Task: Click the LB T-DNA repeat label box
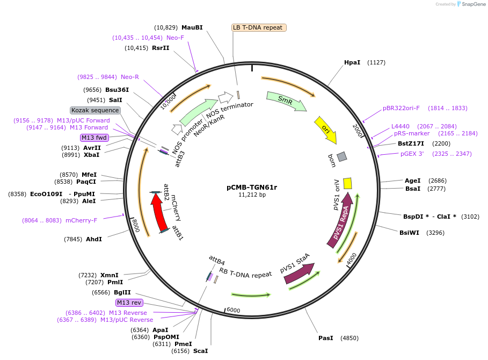259,27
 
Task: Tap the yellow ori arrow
326,129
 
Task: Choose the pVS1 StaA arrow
298,272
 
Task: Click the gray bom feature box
342,156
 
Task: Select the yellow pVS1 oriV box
347,183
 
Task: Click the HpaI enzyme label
352,62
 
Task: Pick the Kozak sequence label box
95,110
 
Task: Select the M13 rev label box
129,303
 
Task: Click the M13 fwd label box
94,138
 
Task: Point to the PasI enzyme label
325,338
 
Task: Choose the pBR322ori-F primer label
401,108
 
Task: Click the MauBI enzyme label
192,27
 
